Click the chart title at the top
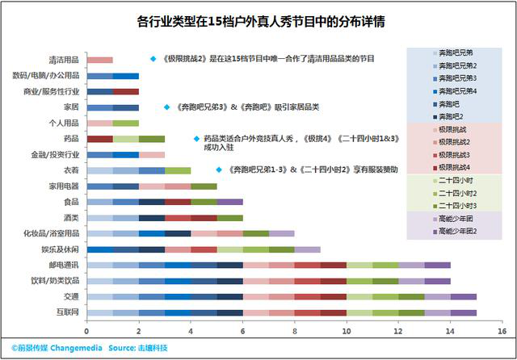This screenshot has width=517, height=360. pos(258,21)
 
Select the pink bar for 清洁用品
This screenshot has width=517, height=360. pos(99,60)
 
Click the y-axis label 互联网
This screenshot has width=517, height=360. pos(67,312)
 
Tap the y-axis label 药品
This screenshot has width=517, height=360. pos(71,139)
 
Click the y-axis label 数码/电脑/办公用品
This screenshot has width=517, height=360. pos(48,76)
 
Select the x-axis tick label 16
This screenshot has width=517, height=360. pos(502,330)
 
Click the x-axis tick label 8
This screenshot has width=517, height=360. pos(294,330)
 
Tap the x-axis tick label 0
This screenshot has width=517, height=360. pos(87,330)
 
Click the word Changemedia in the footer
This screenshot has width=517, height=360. pos(76,346)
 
